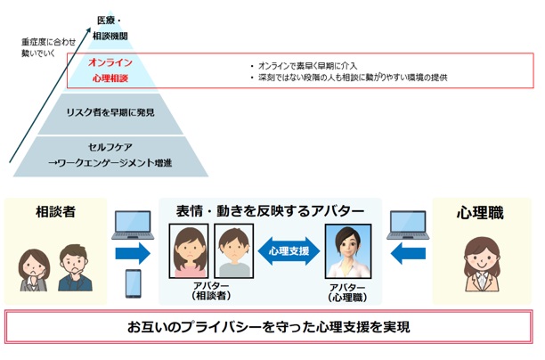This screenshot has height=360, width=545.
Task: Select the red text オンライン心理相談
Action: [110, 70]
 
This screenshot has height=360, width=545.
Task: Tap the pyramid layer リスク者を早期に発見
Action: [110, 112]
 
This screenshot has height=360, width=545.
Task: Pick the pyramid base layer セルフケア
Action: [110, 154]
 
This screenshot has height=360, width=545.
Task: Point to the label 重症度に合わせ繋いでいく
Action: [43, 47]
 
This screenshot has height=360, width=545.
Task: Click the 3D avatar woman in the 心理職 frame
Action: [348, 250]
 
